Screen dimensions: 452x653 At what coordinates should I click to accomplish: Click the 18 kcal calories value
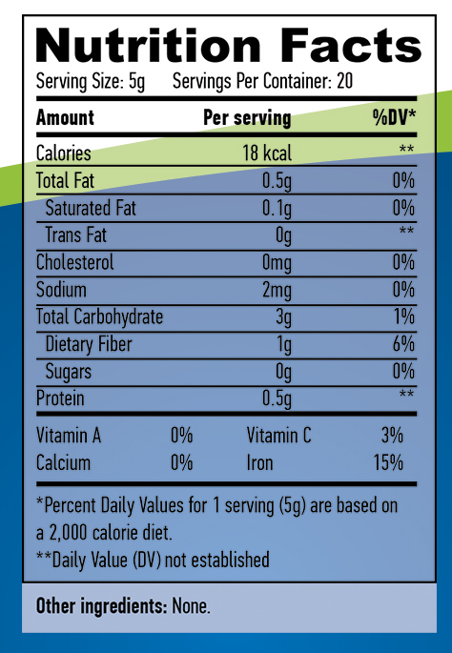(267, 153)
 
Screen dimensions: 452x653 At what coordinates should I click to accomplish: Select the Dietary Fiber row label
(89, 344)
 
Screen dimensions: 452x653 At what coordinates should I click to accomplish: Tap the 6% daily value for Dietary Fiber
(403, 343)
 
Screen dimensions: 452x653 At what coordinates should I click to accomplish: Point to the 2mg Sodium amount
(277, 290)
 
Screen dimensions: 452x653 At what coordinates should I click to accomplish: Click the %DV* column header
(395, 118)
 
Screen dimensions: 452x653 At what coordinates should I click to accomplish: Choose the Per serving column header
(247, 118)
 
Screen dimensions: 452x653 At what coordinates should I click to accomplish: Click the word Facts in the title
(351, 46)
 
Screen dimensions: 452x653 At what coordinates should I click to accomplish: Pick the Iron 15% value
(388, 462)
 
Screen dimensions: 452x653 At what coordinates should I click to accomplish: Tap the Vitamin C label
(278, 436)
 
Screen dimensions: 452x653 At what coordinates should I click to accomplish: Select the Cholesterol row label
(75, 262)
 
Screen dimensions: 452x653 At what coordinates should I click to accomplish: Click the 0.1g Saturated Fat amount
(277, 209)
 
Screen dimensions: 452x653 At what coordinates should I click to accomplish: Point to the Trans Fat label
(76, 235)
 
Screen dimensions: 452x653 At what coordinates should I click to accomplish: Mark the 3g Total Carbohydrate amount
(284, 317)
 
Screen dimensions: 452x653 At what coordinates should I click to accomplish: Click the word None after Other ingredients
(192, 606)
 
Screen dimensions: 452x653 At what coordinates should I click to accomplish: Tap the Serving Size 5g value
(136, 82)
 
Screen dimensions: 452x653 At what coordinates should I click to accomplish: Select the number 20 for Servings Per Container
(344, 81)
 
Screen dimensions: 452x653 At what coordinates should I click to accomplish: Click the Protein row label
(60, 398)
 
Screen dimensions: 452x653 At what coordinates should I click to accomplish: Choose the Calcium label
(63, 462)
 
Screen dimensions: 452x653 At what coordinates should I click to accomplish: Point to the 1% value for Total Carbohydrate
(404, 316)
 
